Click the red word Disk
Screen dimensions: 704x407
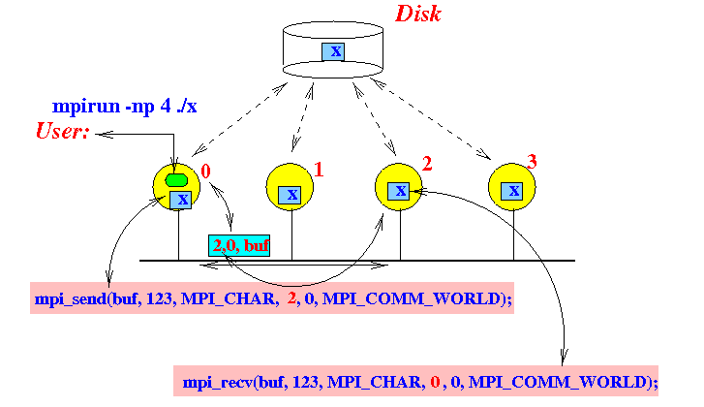(x=418, y=14)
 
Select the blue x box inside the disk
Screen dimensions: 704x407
(x=333, y=51)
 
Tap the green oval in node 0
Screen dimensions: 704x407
(x=176, y=180)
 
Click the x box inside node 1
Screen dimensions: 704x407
(x=290, y=195)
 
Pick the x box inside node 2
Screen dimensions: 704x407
(x=399, y=191)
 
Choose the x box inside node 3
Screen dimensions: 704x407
(x=512, y=191)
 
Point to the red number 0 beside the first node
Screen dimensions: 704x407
(x=205, y=172)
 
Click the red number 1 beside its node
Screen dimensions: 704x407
(x=319, y=170)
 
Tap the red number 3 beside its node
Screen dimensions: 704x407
(x=532, y=161)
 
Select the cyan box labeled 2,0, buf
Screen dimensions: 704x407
(x=239, y=245)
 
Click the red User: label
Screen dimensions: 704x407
(x=62, y=131)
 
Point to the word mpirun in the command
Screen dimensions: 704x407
(x=86, y=107)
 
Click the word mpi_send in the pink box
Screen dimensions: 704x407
(x=71, y=298)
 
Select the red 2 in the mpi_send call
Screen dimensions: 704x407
(x=291, y=297)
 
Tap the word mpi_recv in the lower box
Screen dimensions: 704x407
(x=218, y=383)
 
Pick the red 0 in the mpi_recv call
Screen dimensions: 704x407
(x=435, y=382)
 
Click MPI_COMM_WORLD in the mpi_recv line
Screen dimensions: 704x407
(x=557, y=383)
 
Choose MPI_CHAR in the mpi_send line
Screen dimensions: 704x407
(x=229, y=298)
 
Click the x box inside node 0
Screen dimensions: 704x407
(x=180, y=200)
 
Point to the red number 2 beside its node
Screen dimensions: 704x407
(x=427, y=164)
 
